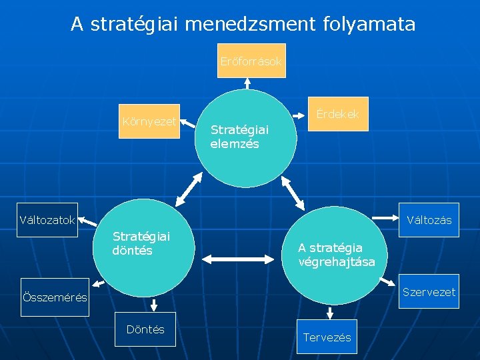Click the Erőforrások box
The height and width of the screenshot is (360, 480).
point(251,61)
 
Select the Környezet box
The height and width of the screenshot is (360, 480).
point(149,121)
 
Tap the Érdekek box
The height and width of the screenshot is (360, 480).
point(337,114)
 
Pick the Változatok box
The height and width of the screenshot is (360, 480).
point(47,220)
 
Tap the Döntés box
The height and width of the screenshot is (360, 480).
point(145,329)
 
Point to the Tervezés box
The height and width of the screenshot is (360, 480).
point(327,337)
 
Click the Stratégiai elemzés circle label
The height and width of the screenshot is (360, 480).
point(239,137)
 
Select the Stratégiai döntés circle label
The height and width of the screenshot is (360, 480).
point(141,243)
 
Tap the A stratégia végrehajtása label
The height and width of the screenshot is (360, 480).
point(337,255)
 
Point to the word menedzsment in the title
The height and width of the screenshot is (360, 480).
point(243,25)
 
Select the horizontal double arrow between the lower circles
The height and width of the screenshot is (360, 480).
point(239,256)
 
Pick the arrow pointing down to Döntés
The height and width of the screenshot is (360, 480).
point(154,305)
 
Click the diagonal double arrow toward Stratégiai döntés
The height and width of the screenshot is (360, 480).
point(189,188)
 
